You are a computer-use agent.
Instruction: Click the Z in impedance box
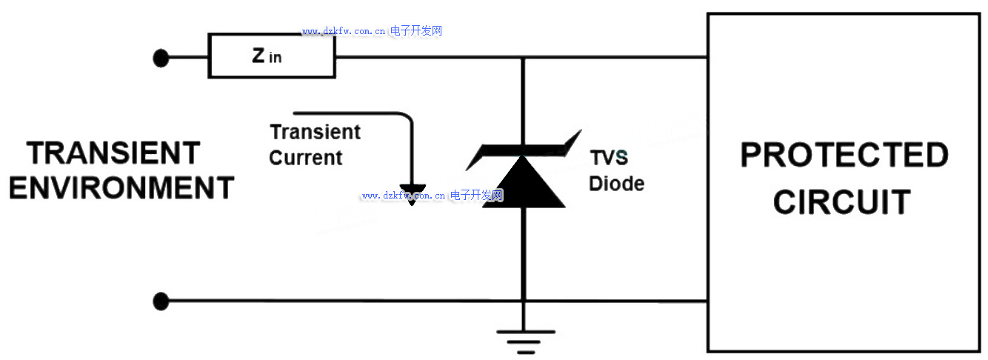(271, 56)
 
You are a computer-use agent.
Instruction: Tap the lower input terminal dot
(161, 301)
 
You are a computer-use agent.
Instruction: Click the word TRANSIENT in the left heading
(114, 153)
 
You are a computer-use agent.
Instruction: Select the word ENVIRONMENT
(121, 187)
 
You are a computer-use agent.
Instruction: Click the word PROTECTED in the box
(844, 156)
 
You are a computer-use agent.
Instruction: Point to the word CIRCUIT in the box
(842, 201)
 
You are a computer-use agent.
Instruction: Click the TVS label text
(609, 158)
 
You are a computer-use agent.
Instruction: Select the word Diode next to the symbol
(616, 183)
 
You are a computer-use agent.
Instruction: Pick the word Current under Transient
(306, 158)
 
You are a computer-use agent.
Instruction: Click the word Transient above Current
(315, 133)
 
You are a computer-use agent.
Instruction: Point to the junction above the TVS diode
(524, 57)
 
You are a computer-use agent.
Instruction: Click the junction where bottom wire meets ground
(524, 301)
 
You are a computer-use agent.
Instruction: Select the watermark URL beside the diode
(433, 196)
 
